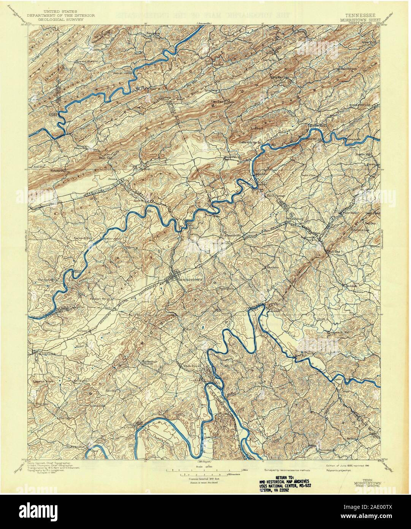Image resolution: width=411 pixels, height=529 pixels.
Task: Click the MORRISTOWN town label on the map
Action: pos(192,278)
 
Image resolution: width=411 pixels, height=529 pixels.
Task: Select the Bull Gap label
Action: pos(333,252)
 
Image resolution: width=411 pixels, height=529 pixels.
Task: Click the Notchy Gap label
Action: pos(58,170)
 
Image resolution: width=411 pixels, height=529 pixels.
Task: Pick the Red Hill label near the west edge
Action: pos(39,166)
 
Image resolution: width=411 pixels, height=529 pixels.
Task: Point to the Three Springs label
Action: pos(276,196)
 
